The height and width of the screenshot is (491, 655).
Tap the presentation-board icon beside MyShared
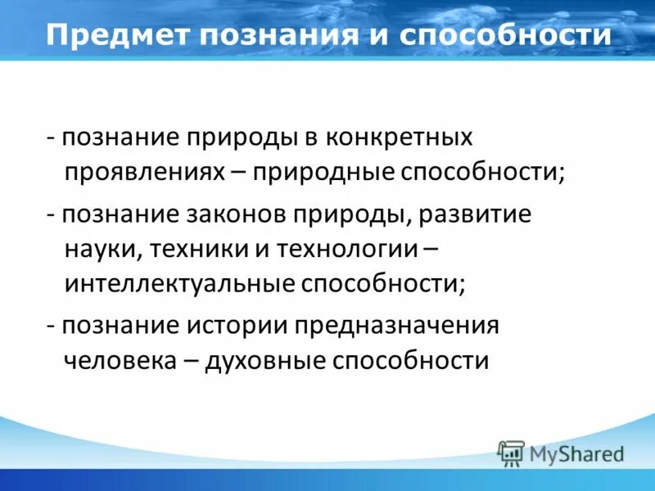(511, 453)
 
